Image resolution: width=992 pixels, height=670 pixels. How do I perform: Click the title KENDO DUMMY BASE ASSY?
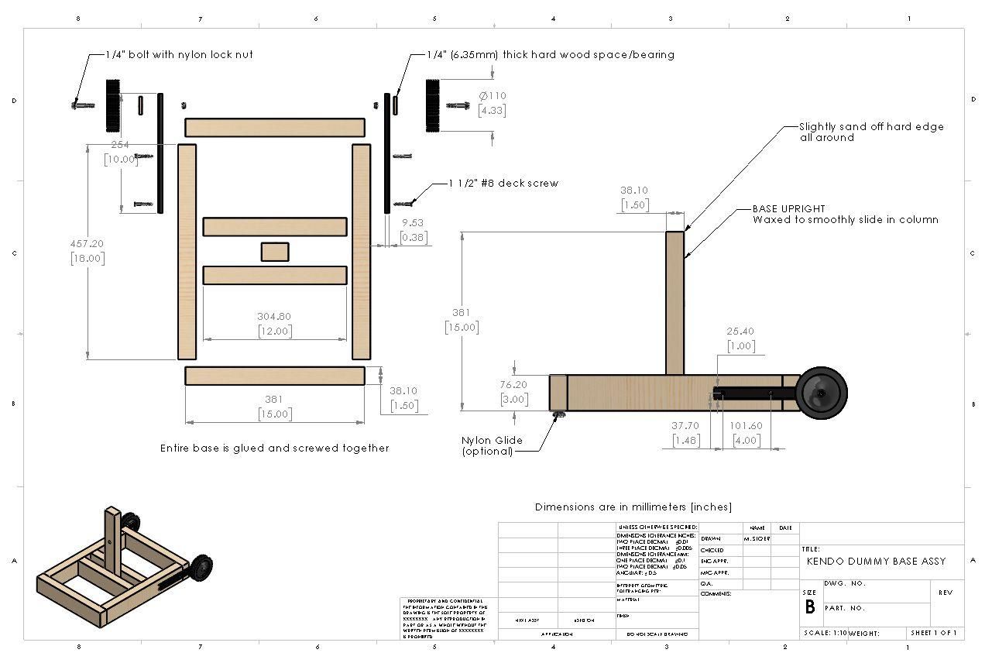876,561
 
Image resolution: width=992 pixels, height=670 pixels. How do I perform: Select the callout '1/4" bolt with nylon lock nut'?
180,55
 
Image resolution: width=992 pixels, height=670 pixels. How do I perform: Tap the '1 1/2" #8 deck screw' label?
503,184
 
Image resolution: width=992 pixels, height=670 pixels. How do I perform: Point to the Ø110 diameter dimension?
492,96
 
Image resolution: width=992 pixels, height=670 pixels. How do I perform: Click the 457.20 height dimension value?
87,243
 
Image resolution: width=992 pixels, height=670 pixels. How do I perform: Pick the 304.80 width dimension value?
274,316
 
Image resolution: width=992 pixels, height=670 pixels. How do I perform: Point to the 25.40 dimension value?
740,332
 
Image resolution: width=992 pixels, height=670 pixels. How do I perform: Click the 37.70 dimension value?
685,426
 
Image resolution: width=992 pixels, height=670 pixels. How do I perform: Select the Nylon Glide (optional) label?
492,445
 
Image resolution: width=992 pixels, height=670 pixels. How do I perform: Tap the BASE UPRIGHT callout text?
788,209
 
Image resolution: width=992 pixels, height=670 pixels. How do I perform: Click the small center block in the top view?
275,253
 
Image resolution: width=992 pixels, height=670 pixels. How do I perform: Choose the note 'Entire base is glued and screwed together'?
274,448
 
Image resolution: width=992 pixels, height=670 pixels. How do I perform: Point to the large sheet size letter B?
810,606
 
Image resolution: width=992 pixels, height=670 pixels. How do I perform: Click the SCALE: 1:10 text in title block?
825,633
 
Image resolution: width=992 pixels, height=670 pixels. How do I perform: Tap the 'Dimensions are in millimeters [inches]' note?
633,507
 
